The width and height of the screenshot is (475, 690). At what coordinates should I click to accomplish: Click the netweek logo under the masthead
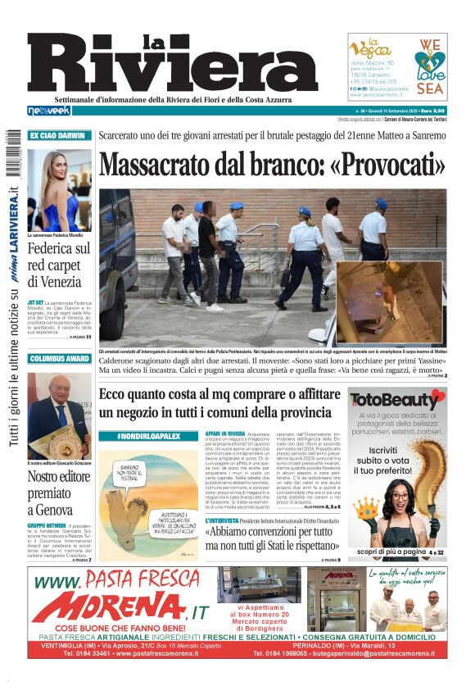coord(49,111)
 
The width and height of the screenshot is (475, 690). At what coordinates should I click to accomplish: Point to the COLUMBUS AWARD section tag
coord(59,358)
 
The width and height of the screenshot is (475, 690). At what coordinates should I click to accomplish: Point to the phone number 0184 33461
coord(87,654)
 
